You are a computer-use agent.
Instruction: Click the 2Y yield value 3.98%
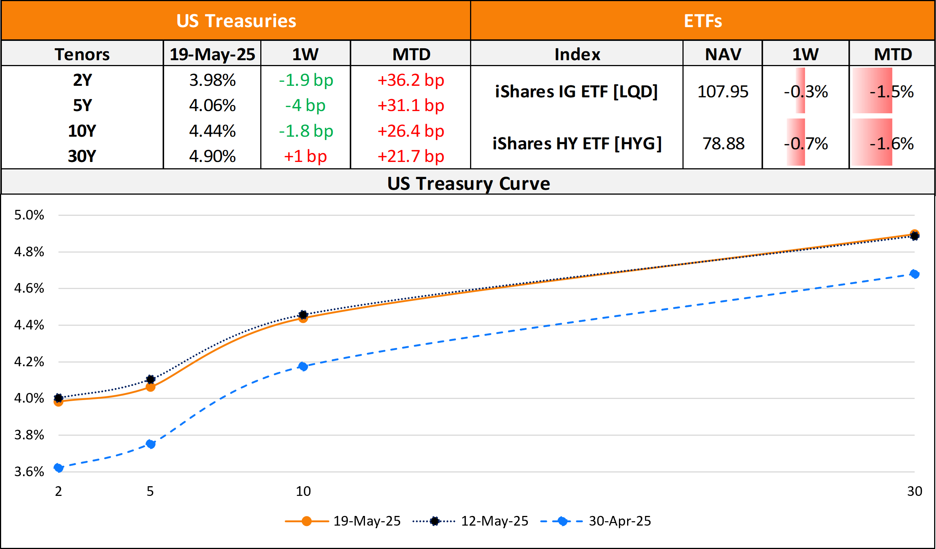click(x=212, y=80)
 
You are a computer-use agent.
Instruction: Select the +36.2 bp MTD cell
click(x=410, y=80)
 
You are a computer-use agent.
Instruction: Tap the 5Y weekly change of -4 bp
click(x=305, y=105)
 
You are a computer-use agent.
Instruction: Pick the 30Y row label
click(x=82, y=156)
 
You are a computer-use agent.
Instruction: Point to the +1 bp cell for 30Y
click(x=305, y=156)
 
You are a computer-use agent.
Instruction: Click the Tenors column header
click(x=82, y=54)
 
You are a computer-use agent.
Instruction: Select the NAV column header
click(x=723, y=54)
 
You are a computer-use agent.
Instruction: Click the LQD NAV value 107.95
click(x=723, y=92)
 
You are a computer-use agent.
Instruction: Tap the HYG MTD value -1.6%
click(x=891, y=144)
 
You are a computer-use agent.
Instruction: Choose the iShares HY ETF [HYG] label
click(x=577, y=144)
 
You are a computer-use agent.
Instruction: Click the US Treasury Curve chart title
click(x=469, y=183)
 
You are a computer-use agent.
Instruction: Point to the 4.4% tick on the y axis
click(x=29, y=325)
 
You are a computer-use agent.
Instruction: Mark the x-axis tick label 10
click(x=303, y=491)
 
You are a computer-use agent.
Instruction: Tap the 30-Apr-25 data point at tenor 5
click(x=150, y=444)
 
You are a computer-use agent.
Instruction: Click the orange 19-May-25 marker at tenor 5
click(x=150, y=387)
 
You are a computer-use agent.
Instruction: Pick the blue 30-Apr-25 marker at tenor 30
click(x=914, y=274)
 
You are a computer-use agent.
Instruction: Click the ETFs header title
click(x=703, y=21)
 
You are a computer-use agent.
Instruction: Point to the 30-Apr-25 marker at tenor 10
click(x=303, y=367)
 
